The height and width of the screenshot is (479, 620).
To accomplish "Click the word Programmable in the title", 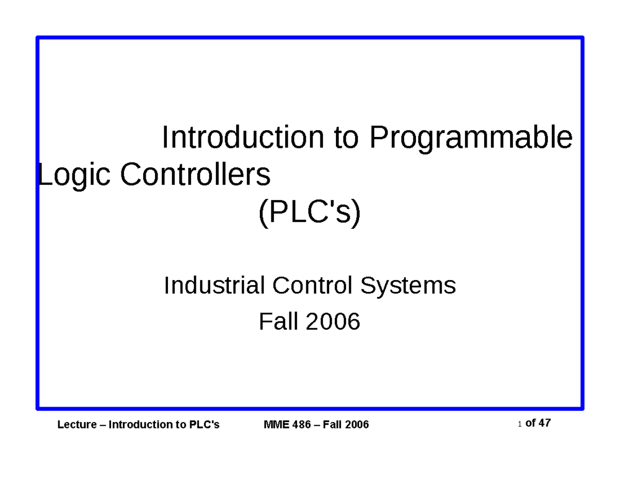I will pos(471,138).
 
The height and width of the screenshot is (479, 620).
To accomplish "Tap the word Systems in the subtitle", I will pos(408,285).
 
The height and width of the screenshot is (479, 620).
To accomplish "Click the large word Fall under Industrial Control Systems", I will pos(278,322).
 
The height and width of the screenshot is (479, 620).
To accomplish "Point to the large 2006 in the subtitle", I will pos(333,322).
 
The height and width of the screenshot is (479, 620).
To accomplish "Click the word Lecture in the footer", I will pos(77,425).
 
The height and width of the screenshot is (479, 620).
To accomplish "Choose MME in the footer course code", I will pos(274,425).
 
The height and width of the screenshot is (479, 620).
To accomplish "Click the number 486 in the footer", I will pos(299,425).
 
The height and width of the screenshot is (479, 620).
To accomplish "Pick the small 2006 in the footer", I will pos(357,425).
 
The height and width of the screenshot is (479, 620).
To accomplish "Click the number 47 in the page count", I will pos(544,423).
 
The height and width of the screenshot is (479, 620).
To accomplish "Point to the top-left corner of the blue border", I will pos(38,38).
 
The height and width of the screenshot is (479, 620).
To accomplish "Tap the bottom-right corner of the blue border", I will pos(582,408).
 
